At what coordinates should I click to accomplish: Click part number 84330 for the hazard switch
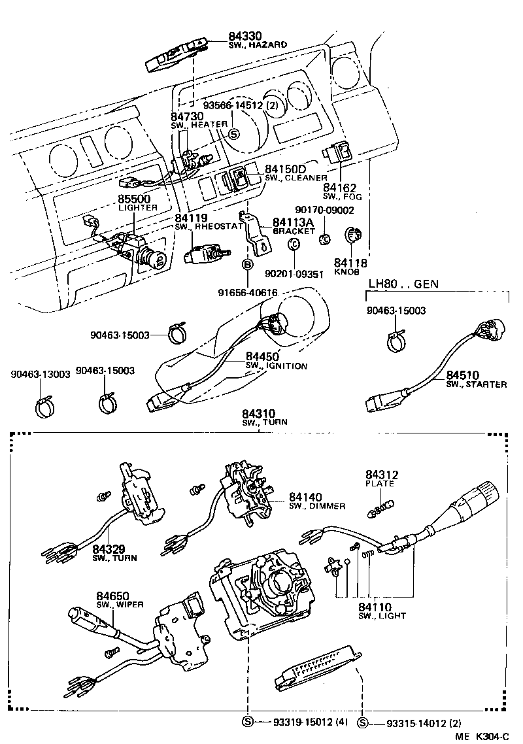[x=243, y=36]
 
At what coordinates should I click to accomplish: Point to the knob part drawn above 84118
[x=354, y=236]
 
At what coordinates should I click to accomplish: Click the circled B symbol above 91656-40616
[x=248, y=264]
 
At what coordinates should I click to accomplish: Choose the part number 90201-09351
[x=294, y=275]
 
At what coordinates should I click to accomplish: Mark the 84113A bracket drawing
[x=256, y=232]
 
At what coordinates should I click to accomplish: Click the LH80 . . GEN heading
[x=403, y=284]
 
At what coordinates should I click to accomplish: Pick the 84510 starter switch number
[x=463, y=375]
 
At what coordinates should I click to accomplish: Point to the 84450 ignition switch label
[x=262, y=356]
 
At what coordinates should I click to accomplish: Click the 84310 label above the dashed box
[x=259, y=413]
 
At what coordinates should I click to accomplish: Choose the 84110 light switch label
[x=375, y=607]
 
